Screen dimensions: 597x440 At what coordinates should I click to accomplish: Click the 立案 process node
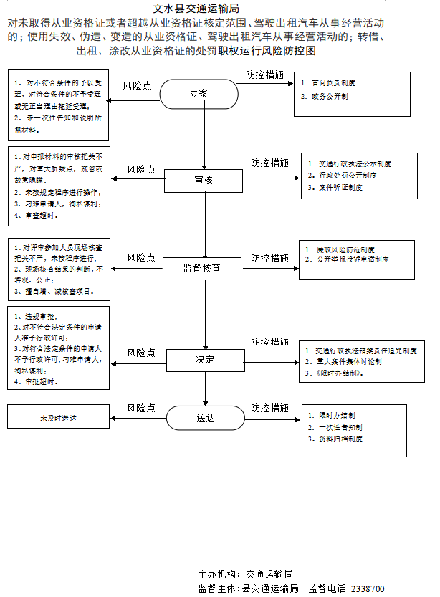coord(199,93)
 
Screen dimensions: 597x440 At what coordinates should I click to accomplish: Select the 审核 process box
coord(204,180)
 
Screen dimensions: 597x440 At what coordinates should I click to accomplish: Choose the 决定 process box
coord(206,360)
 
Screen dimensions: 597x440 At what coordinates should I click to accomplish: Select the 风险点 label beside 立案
coord(138,85)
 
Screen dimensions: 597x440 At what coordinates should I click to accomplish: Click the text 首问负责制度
coord(333,83)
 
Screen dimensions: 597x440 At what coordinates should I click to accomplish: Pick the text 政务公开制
coord(329,96)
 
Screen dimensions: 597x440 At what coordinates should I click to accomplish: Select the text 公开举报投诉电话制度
coord(353,259)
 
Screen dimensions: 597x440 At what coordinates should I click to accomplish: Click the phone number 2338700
coord(368,588)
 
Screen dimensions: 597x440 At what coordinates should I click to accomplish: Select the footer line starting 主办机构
coord(245,574)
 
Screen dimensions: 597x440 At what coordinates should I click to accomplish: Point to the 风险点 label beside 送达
coord(141,408)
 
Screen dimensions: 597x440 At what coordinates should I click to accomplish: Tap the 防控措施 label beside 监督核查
coord(269,257)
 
